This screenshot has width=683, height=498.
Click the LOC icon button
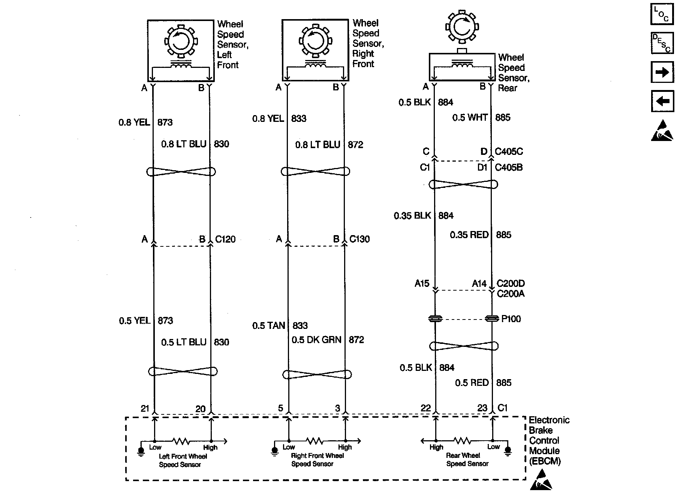(662, 14)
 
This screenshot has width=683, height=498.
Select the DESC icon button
(662, 43)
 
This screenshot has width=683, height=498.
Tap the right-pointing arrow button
(662, 72)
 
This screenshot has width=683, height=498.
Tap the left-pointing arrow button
(662, 101)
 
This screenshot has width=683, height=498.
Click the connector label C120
(225, 239)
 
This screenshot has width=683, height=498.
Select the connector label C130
(359, 239)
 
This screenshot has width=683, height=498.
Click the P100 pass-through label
(511, 319)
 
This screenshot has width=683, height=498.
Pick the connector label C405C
(509, 151)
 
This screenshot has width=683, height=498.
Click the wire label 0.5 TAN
(268, 325)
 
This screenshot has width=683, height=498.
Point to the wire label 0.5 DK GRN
(316, 340)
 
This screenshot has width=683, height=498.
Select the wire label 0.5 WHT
(470, 118)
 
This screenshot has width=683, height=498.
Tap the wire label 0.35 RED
(469, 235)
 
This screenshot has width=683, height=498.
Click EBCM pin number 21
(145, 408)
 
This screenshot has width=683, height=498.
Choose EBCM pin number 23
(482, 408)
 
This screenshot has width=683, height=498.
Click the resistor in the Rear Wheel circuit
(462, 440)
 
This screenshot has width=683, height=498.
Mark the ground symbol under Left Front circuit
(141, 451)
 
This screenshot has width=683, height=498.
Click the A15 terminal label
(422, 283)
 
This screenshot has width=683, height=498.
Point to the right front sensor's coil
(315, 66)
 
